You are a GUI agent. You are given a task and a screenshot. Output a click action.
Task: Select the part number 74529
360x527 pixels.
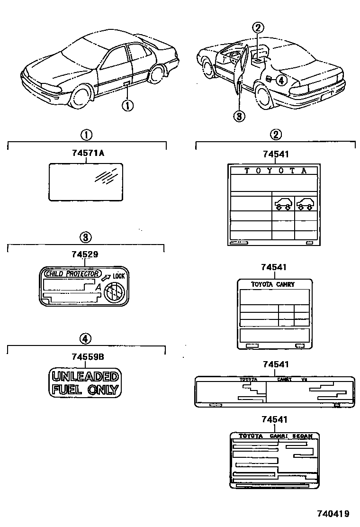[x=85, y=254]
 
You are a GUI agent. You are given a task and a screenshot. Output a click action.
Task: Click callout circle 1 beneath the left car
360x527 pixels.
[x=127, y=105]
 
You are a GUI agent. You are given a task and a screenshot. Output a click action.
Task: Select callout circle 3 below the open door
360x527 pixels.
[x=240, y=115]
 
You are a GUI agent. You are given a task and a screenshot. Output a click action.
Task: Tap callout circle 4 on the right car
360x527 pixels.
[x=280, y=80]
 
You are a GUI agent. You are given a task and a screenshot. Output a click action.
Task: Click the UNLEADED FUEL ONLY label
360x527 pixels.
[x=85, y=383]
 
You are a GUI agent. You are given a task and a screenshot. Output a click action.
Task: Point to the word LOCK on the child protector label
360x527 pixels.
[x=118, y=276]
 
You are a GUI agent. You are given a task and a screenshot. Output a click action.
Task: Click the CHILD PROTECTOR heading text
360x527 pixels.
[x=72, y=273]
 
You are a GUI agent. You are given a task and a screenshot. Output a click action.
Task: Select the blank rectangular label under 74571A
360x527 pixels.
[x=86, y=182]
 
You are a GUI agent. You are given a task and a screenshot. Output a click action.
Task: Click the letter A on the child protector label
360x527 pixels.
[x=98, y=287]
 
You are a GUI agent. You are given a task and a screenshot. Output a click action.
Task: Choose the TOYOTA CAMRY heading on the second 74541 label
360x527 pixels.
[x=272, y=284]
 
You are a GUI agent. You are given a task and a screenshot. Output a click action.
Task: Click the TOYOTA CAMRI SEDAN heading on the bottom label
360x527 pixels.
[x=275, y=436]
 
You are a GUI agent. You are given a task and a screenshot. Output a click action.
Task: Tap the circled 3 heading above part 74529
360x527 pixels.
[x=85, y=237]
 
